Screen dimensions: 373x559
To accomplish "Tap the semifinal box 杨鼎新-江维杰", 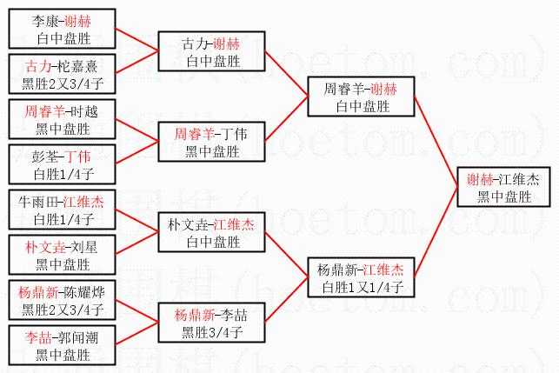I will [361, 277].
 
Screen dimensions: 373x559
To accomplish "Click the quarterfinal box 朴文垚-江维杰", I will [212, 232].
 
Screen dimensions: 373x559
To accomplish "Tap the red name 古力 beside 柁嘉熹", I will [37, 66].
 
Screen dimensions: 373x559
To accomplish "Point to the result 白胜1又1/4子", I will [361, 286].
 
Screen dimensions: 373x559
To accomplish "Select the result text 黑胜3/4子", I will [212, 331].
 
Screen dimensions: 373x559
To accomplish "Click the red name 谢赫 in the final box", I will [481, 179].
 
